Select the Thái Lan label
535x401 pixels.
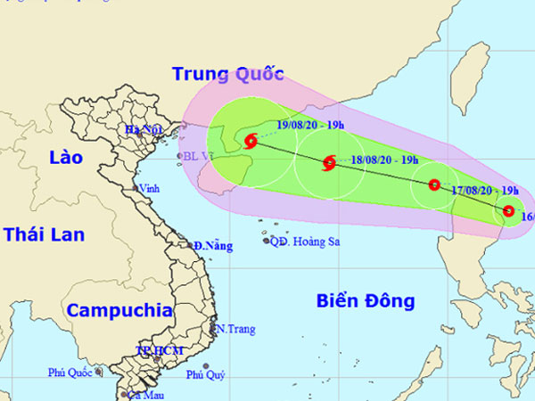44,234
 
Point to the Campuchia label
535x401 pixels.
119,311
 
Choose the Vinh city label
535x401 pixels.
148,188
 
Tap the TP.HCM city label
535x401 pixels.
159,350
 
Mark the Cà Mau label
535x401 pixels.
144,394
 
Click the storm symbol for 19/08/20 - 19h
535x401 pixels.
251,140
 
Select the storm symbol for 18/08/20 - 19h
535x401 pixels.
329,162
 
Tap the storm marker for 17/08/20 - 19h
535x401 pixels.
434,185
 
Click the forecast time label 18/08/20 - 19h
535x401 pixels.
385,160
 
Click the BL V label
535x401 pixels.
196,156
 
